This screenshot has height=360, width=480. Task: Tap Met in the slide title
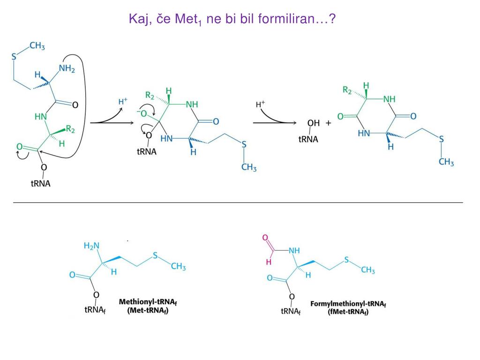(x=187, y=20)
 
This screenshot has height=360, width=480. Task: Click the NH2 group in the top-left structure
(x=67, y=69)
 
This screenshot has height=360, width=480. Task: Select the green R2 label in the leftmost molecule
(x=70, y=129)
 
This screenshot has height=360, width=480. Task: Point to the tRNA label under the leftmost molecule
(x=41, y=183)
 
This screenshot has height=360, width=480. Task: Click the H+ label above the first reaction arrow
(x=122, y=101)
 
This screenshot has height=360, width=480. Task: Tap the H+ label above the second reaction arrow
(x=261, y=105)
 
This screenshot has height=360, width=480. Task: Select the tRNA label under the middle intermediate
(x=147, y=152)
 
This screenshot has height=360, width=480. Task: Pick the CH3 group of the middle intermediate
(x=249, y=167)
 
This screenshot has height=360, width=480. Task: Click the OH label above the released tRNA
(x=314, y=123)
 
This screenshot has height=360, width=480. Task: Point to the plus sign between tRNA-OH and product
(x=328, y=123)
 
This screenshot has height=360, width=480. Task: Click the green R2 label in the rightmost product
(x=347, y=90)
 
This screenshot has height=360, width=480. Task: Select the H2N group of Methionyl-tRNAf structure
(x=91, y=246)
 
